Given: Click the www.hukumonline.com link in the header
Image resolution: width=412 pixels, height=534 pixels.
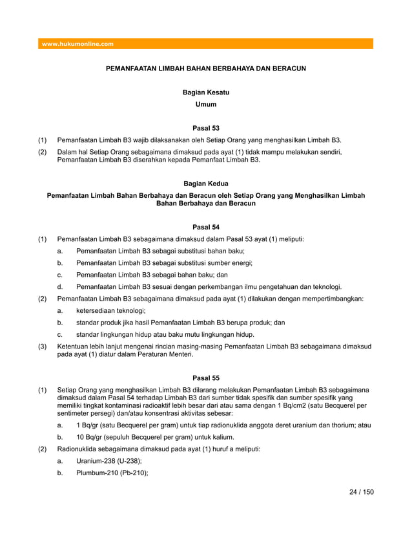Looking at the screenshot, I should (77, 44).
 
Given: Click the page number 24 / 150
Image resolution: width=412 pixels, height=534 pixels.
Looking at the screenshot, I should (361, 492).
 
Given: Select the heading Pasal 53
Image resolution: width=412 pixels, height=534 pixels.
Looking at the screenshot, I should (206, 128).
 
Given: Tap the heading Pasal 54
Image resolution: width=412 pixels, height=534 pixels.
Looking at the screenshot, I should (206, 227).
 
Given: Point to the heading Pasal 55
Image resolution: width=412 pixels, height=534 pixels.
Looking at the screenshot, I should (206, 377).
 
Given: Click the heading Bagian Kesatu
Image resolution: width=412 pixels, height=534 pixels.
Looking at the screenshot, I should (206, 93).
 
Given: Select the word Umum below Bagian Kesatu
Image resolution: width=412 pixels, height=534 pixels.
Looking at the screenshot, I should (206, 104).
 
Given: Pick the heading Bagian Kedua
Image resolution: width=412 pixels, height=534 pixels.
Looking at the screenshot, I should (206, 184).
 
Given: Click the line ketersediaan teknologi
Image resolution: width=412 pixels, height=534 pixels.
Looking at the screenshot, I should (110, 310).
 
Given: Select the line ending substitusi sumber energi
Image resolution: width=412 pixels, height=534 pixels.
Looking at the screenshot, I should (164, 263).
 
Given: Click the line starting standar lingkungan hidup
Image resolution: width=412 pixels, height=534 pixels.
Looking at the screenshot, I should (165, 334).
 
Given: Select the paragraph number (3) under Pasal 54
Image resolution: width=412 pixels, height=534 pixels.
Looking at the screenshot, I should (42, 347).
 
